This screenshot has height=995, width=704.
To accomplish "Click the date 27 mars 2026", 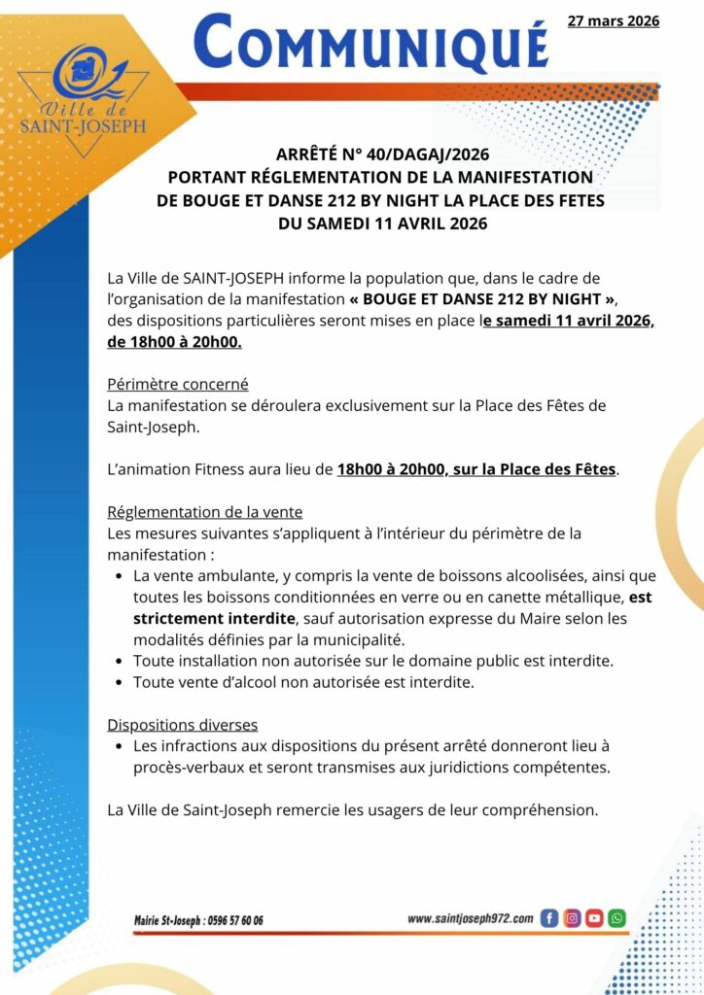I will pyautogui.click(x=613, y=20).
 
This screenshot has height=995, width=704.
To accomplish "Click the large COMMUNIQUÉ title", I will pyautogui.click(x=370, y=44).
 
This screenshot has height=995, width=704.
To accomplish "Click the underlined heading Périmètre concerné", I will pyautogui.click(x=178, y=384).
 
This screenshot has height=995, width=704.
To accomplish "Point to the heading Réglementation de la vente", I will pyautogui.click(x=204, y=512).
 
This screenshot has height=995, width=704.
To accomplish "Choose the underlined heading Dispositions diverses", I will pyautogui.click(x=182, y=725).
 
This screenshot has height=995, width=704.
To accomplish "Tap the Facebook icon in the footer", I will pyautogui.click(x=549, y=917).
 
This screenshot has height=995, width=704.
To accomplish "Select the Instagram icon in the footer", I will pyautogui.click(x=572, y=917).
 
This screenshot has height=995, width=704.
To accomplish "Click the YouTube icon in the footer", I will pyautogui.click(x=594, y=917).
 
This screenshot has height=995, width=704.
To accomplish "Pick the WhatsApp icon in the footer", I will pyautogui.click(x=616, y=917).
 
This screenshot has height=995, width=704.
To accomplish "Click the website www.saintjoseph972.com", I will pyautogui.click(x=471, y=918).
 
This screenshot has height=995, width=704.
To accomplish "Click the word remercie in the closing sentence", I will pyautogui.click(x=330, y=809).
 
